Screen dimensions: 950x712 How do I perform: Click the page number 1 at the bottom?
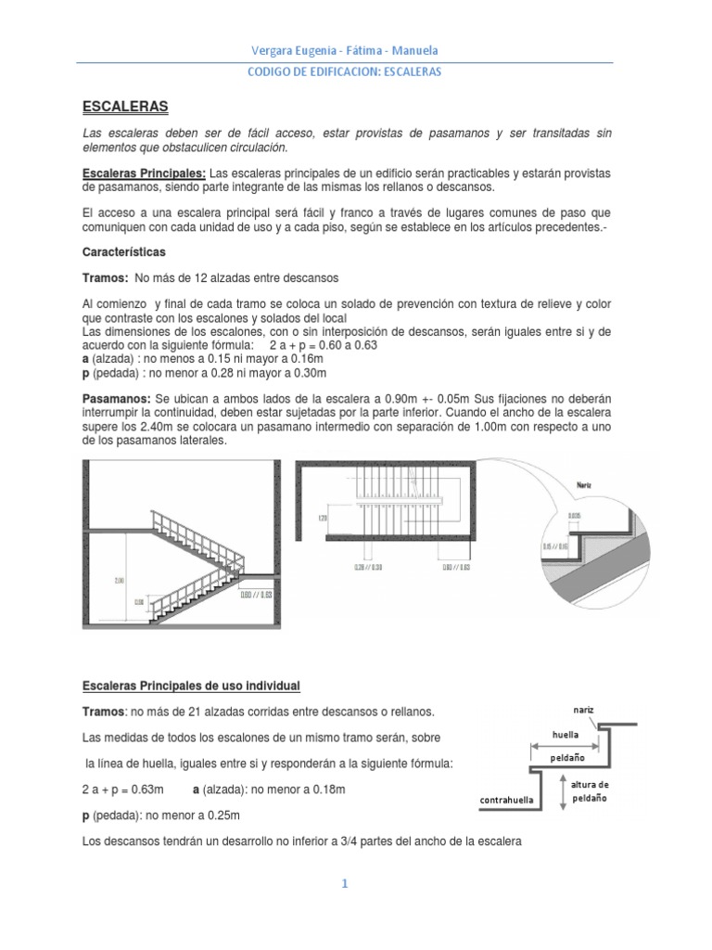(x=343, y=884)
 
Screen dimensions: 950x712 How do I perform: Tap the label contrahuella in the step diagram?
(x=509, y=799)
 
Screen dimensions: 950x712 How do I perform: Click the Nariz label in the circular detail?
(x=583, y=485)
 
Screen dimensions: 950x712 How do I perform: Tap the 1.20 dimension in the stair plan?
(x=322, y=519)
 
